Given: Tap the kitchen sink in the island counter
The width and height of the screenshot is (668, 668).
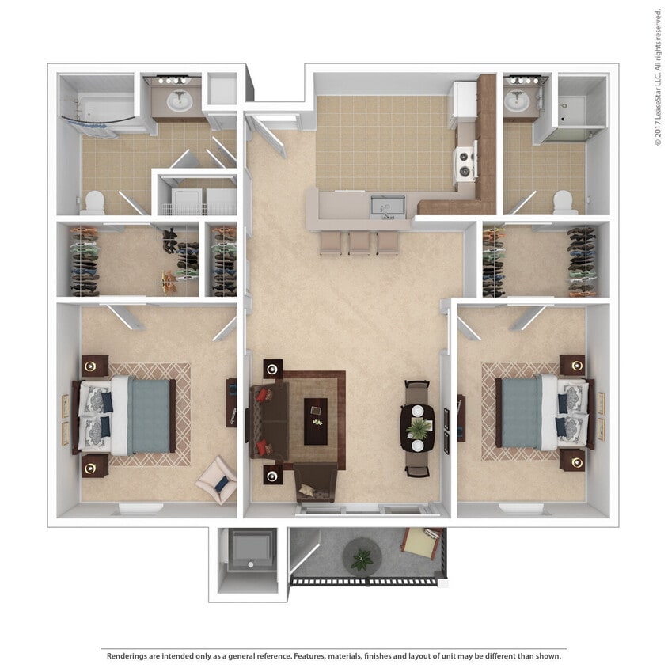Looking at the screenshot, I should [x=387, y=206].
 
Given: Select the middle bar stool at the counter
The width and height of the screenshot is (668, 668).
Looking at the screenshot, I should [x=359, y=242].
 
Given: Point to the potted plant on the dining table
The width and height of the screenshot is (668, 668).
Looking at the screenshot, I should [x=417, y=428].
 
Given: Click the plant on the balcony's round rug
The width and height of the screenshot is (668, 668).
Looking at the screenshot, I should [x=362, y=559].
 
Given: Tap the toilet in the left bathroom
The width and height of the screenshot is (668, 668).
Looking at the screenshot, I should [x=93, y=203].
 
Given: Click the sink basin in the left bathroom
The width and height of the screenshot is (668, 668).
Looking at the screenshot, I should [x=179, y=101].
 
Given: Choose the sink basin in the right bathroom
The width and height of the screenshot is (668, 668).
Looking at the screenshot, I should [x=519, y=101].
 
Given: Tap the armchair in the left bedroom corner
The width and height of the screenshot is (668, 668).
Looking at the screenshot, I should [x=216, y=480].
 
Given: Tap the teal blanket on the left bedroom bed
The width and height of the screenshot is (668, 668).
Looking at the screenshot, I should [x=150, y=416].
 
